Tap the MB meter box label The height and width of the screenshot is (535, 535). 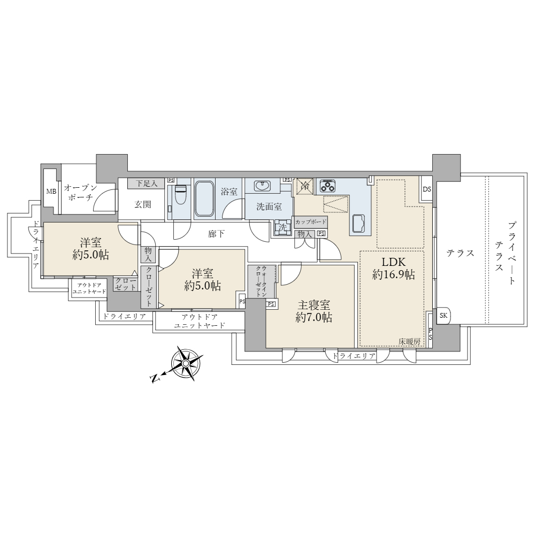pos(51,192)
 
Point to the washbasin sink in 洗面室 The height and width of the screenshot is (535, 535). pos(262,186)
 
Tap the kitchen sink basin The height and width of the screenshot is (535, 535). pos(359,224)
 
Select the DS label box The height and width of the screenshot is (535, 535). pos(426,189)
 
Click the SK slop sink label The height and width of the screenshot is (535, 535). pos(444,316)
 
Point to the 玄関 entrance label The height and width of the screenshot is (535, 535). pos(143,205)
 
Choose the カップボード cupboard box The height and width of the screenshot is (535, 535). pos(311,222)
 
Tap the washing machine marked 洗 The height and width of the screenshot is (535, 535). pos(282,227)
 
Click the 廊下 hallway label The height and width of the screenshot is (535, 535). pos(216,234)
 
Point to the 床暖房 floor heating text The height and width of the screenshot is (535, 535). pos(409,341)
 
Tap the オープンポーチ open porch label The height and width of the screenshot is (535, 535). pos(81,192)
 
